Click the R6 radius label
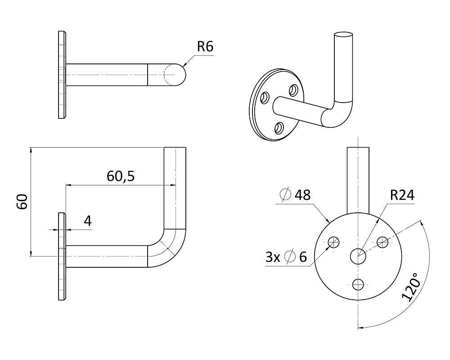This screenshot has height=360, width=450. (x=205, y=46)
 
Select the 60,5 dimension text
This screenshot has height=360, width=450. (x=121, y=176)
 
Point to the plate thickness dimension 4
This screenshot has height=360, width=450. (x=88, y=221)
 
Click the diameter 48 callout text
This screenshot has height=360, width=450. (x=295, y=195)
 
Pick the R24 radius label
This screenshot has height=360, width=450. (x=402, y=195)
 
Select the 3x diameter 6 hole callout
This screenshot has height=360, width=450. (x=286, y=257)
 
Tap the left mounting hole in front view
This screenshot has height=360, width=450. (x=333, y=243)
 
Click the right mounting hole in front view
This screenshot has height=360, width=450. (x=382, y=243)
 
